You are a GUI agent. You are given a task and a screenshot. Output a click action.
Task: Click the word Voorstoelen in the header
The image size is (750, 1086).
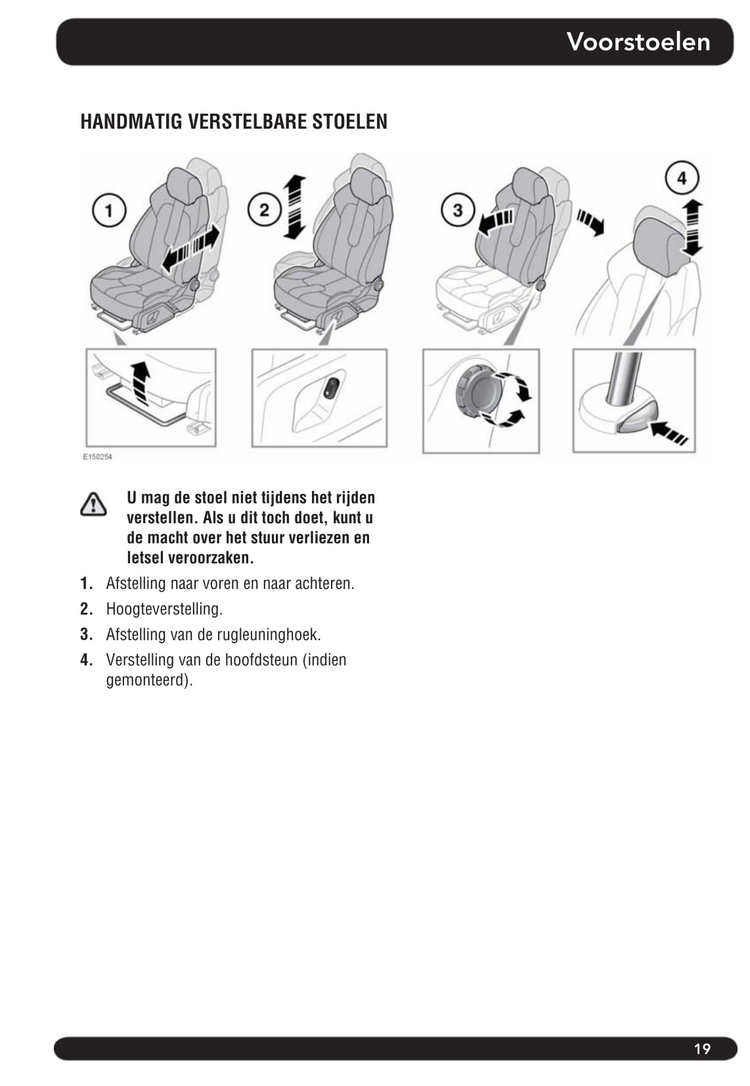click(x=638, y=42)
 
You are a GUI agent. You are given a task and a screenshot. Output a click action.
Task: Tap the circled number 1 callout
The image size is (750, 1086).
click(x=109, y=210)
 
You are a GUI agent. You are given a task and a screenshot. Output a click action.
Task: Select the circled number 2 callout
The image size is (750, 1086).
click(x=264, y=210)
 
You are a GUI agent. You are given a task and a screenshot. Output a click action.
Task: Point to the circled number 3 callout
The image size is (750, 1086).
click(x=458, y=210)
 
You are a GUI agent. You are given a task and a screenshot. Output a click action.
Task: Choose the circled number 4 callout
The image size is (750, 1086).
click(x=682, y=177)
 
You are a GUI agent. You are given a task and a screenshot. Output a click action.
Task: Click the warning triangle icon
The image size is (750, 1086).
click(x=93, y=504)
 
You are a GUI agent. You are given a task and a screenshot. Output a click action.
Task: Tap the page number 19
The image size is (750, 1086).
click(x=702, y=1049)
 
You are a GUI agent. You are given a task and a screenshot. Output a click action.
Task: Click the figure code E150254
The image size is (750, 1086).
click(x=97, y=457)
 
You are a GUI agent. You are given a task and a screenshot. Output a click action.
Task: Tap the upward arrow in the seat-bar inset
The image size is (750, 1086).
click(x=140, y=383)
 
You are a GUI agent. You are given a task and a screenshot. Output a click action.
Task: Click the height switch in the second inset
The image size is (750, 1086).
click(x=332, y=388)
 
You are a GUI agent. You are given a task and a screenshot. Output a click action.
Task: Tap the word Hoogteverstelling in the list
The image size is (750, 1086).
click(x=164, y=609)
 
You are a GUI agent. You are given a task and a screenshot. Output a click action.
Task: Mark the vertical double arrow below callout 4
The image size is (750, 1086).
click(x=692, y=227)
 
